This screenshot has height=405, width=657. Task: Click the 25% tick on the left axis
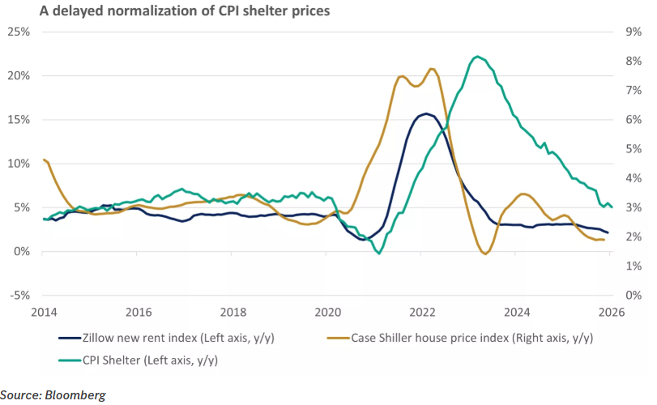click(x=18, y=32)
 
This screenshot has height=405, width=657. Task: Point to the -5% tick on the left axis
click(x=18, y=295)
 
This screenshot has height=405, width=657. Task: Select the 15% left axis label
click(x=18, y=119)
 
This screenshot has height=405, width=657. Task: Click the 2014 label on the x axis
click(x=44, y=312)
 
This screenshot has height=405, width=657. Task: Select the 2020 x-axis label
click(x=328, y=312)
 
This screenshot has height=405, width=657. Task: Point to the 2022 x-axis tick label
click(x=423, y=312)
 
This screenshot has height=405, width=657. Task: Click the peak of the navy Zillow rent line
click(x=425, y=113)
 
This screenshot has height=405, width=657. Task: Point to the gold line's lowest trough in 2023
click(x=484, y=254)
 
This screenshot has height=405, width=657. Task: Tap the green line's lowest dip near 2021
click(x=378, y=254)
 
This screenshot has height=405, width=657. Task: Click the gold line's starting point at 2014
click(x=44, y=160)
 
